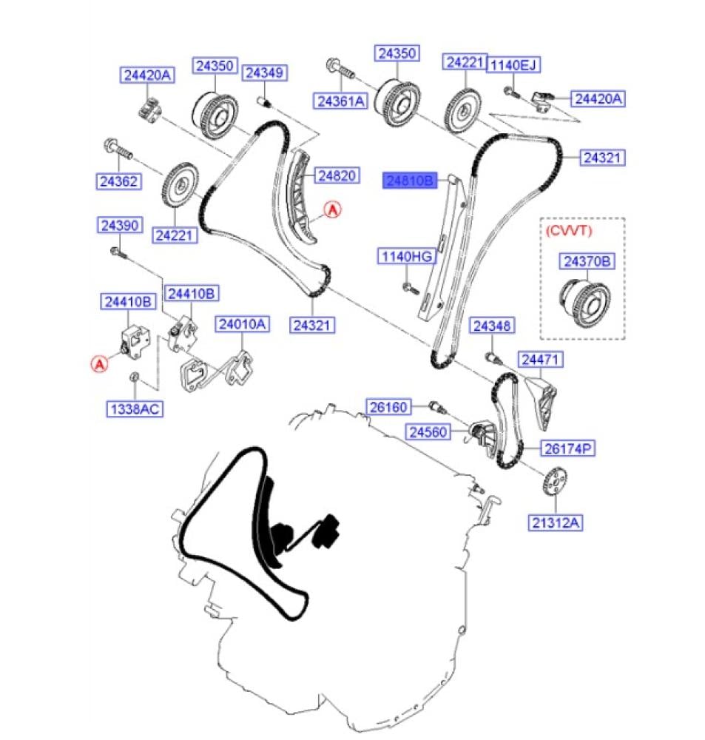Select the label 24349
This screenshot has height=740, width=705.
click(266, 73)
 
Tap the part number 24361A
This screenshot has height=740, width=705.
click(340, 101)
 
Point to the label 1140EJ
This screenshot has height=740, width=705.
click(513, 65)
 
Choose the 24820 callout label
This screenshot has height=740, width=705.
click(337, 176)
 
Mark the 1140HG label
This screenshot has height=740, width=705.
click(405, 257)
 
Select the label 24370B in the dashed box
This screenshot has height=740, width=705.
click(588, 261)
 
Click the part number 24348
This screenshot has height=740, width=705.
click(494, 326)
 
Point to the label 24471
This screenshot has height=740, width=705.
click(542, 360)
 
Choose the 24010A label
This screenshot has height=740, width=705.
click(242, 324)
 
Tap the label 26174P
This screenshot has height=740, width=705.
click(569, 448)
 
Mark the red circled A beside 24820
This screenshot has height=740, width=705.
click(334, 211)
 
